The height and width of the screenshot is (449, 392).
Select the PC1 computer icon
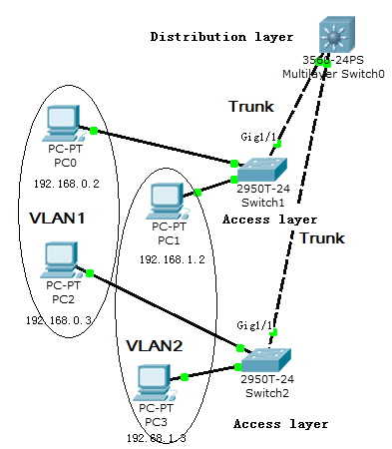(166, 199)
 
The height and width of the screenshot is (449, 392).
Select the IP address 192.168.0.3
(57, 319)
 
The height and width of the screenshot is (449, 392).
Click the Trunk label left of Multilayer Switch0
(250, 106)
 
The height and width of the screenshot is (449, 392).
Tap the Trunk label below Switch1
(322, 238)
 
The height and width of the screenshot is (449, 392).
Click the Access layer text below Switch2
(280, 423)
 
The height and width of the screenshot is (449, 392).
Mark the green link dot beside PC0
(93, 131)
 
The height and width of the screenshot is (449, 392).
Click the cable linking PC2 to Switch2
(165, 309)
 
